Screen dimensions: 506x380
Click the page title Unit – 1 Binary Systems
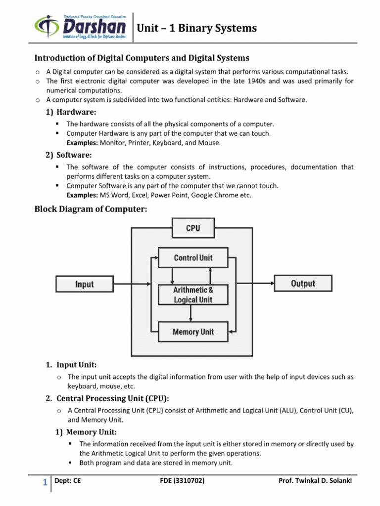coord(197,28)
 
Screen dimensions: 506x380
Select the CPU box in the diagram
coord(192,228)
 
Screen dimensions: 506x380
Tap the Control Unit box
coord(193,258)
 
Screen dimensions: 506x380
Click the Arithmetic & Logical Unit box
coord(193,295)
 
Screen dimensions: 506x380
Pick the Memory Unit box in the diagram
coord(193,332)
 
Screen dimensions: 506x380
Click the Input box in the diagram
coord(84,284)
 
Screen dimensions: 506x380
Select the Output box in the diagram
coord(303,284)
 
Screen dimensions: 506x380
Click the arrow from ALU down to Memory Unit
coord(191,313)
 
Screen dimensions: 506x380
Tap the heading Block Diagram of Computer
coord(91,209)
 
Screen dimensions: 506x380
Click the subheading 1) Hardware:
coord(71,112)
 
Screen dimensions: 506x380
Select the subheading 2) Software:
coord(68,155)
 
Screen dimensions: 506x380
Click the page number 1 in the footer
coord(45,483)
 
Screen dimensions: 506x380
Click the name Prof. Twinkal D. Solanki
coord(315,481)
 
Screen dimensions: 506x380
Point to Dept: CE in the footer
coord(67,481)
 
